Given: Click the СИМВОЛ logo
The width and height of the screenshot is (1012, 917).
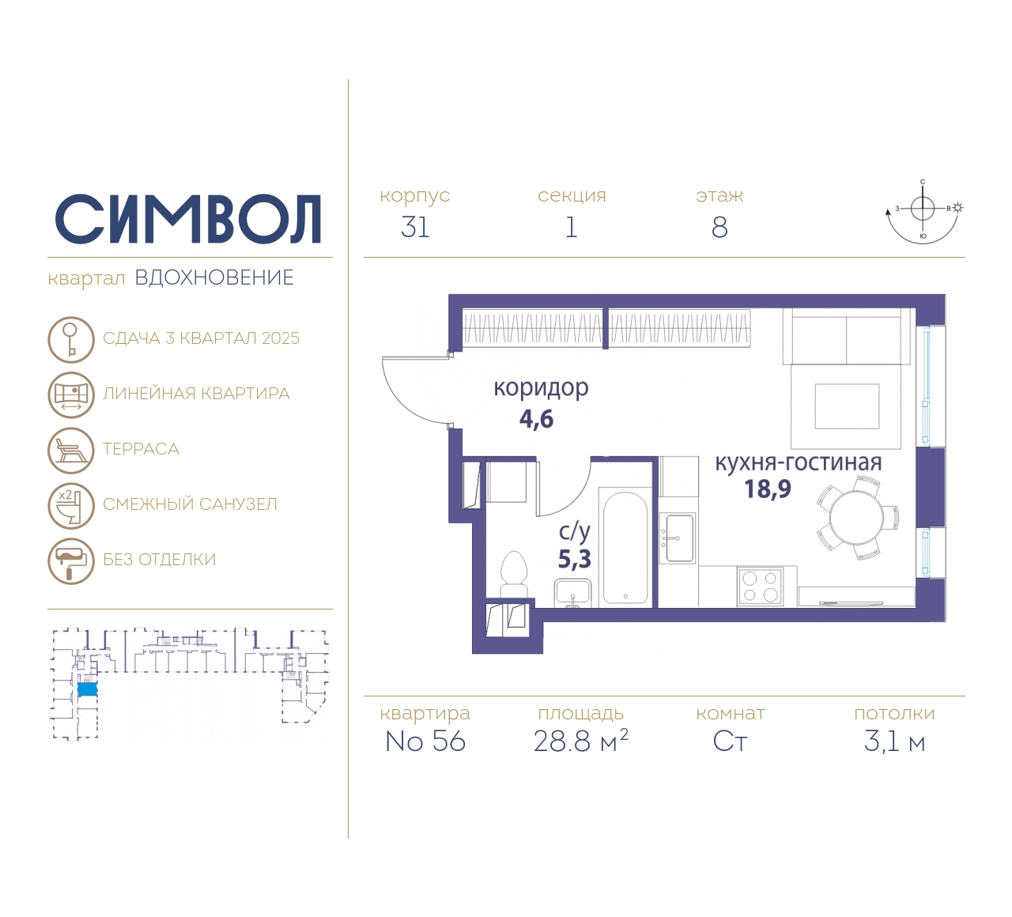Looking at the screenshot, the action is click(188, 220).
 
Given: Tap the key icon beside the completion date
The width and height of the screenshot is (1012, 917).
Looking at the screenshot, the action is click(71, 339).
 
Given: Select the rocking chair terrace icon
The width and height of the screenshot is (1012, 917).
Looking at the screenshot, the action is click(71, 451).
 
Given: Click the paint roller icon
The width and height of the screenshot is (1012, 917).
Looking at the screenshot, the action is click(71, 561).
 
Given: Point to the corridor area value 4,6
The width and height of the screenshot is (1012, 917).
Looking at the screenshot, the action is click(536, 420).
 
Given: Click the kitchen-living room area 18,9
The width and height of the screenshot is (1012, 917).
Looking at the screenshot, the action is click(768, 489).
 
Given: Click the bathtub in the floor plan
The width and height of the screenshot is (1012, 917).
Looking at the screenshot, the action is click(625, 547).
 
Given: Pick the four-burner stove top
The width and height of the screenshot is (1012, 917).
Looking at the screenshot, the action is click(760, 587).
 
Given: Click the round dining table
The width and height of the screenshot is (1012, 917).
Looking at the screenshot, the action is click(856, 518).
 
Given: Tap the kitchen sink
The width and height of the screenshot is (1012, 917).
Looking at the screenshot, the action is click(678, 538).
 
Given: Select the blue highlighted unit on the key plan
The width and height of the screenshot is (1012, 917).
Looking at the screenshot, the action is click(87, 689).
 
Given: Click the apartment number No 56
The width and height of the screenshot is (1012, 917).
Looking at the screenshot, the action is click(425, 742).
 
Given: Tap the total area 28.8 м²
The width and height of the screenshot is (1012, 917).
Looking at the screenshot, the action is click(580, 741).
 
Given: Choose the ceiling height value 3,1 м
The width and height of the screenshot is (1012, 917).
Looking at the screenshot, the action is click(894, 742).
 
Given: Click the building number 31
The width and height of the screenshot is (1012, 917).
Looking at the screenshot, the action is click(415, 227).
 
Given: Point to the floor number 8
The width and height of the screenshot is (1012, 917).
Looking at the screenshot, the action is click(719, 228).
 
